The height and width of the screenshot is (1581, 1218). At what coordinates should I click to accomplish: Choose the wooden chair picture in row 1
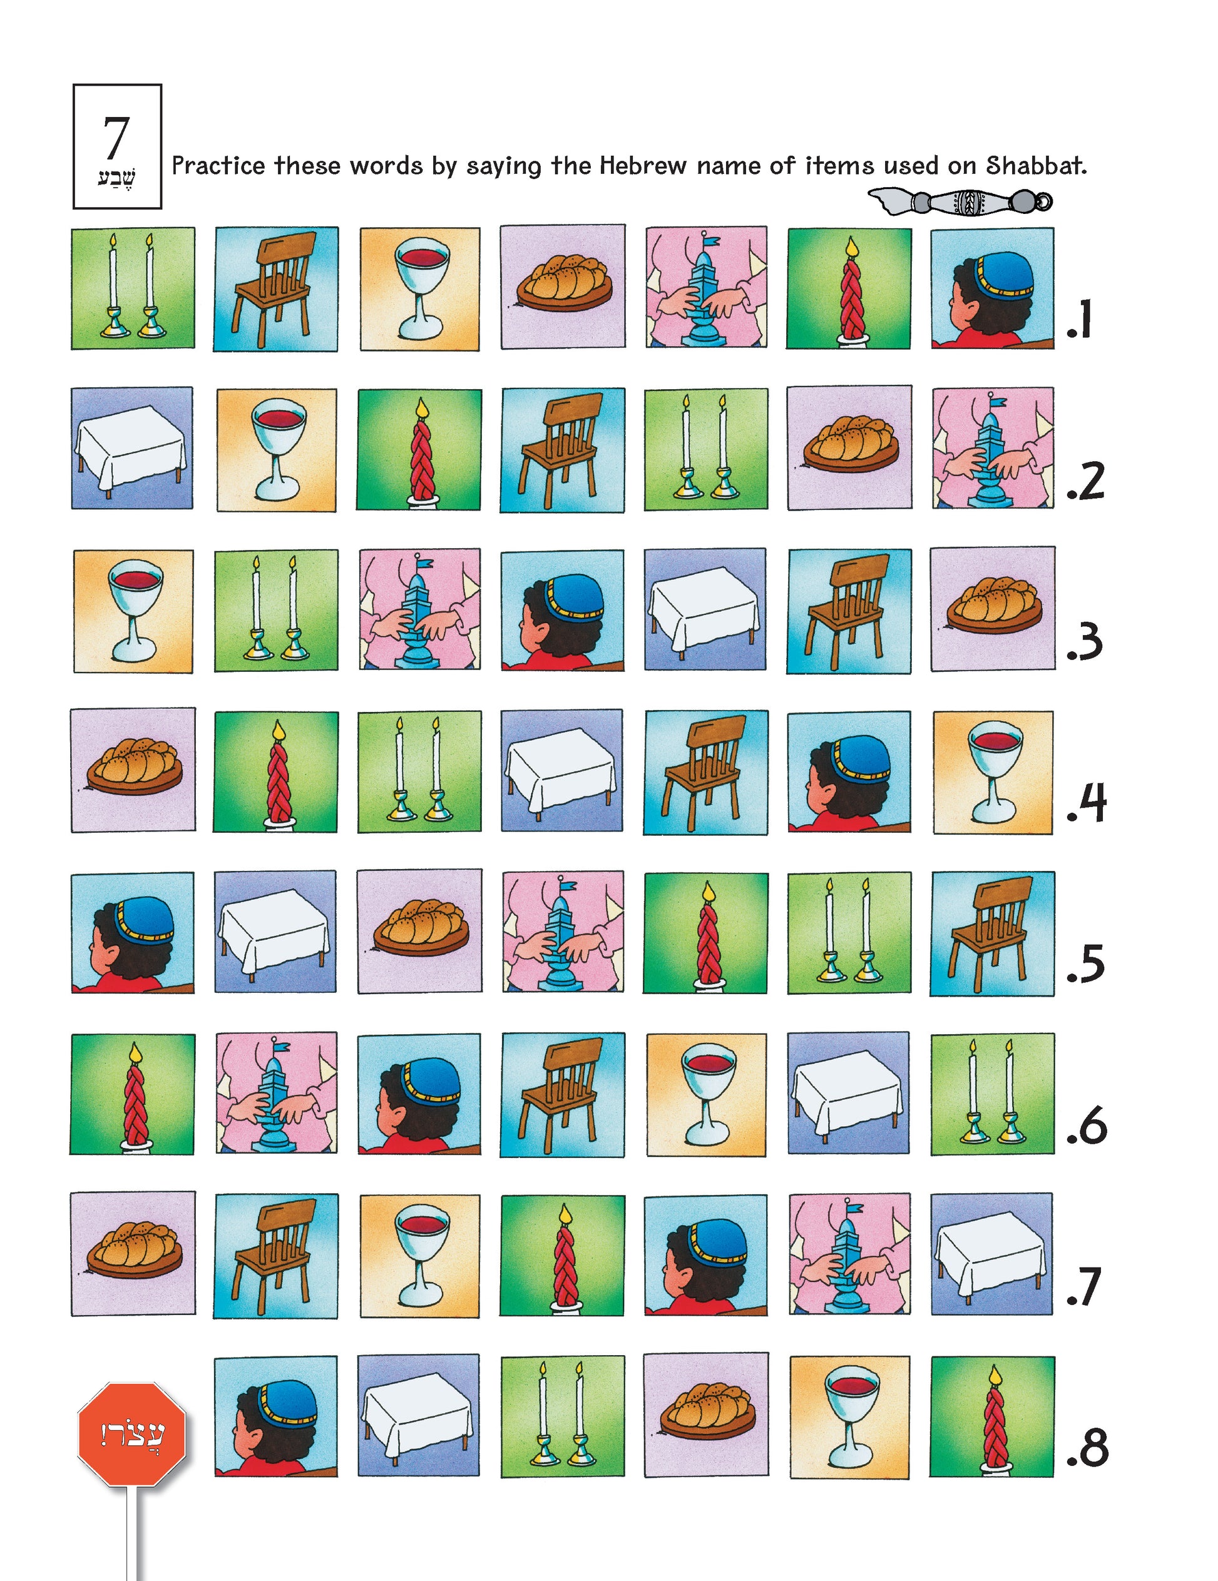(275, 289)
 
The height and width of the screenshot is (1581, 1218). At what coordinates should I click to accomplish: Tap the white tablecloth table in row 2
(132, 447)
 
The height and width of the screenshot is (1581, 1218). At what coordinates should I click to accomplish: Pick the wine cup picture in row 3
(133, 611)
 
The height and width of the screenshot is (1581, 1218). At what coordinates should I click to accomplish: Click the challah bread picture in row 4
(133, 770)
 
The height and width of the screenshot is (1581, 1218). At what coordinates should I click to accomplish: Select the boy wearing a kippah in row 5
(133, 932)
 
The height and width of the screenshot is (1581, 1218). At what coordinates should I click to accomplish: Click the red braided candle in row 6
(133, 1094)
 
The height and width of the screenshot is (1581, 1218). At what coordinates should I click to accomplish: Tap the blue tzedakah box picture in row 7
(849, 1254)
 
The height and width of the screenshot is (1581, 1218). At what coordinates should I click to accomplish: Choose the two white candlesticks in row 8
(561, 1416)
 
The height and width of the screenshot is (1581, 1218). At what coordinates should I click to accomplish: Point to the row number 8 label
(1088, 1448)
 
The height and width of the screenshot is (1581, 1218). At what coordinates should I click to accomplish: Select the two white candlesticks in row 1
(133, 288)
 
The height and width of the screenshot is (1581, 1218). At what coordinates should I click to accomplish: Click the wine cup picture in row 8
(849, 1416)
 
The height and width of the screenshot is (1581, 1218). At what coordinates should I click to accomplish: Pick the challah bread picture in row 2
(849, 447)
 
